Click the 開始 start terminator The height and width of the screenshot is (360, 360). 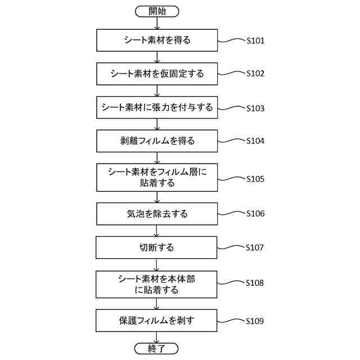(x=157, y=11)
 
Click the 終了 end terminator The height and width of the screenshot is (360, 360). (x=157, y=349)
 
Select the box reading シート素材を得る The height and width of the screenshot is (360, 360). (x=157, y=40)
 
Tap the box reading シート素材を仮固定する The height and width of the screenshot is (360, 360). (x=157, y=74)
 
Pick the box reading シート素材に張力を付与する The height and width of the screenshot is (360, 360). (x=157, y=107)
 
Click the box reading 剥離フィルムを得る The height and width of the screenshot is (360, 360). (x=157, y=141)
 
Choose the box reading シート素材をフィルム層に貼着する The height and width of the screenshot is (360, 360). (x=157, y=177)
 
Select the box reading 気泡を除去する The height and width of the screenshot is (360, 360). (x=157, y=214)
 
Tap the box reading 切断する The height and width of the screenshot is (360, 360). (x=157, y=247)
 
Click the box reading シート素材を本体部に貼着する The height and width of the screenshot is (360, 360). (x=157, y=284)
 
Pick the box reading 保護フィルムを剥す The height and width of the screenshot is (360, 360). (x=157, y=321)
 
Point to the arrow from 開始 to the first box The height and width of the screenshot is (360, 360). (x=157, y=22)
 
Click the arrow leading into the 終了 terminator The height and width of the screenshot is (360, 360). (x=157, y=337)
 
